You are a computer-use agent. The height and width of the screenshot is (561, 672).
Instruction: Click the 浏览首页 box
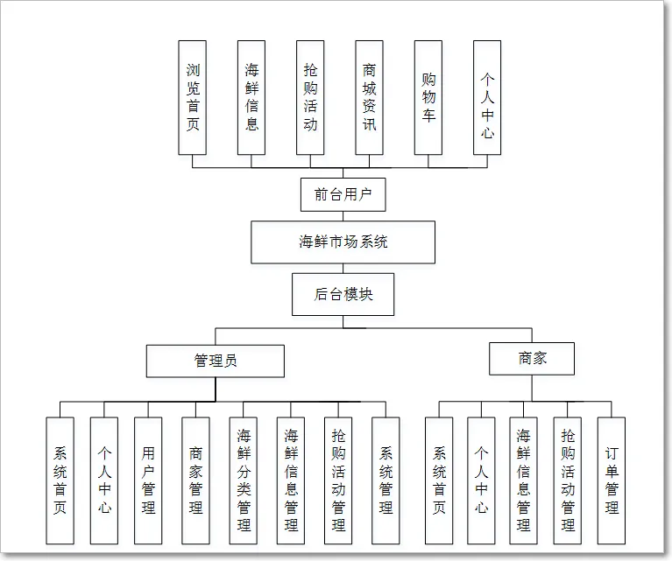[192, 97]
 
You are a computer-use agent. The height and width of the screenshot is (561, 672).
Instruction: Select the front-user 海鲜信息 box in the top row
[251, 97]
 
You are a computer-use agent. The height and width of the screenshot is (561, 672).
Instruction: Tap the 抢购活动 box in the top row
[310, 97]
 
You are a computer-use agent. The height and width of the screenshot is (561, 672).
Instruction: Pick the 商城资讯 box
[370, 97]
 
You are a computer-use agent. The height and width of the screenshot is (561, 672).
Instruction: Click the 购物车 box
[428, 97]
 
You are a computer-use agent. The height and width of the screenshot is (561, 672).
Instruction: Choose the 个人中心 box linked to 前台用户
[487, 97]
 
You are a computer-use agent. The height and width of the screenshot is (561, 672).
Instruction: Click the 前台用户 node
[343, 195]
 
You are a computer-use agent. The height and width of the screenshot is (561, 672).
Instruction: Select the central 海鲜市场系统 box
[343, 242]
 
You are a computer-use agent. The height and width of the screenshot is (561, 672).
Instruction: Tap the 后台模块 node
[343, 295]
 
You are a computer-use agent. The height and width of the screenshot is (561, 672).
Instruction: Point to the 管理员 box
[215, 361]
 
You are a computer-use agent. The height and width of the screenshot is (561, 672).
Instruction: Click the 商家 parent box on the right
[533, 359]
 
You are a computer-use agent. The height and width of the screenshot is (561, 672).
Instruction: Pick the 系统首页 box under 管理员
[60, 480]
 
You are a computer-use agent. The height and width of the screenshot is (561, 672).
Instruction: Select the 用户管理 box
[148, 480]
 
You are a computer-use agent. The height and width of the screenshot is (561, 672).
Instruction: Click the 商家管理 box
[195, 480]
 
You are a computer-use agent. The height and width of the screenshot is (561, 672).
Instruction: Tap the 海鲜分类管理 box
[244, 480]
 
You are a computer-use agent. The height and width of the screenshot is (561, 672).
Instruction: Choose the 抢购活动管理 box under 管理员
[338, 480]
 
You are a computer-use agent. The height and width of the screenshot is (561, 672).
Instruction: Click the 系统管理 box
[386, 480]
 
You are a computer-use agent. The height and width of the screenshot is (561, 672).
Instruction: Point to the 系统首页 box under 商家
[439, 480]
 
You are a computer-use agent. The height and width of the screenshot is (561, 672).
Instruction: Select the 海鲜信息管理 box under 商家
[524, 480]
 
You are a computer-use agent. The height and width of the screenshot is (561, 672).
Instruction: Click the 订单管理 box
[612, 480]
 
